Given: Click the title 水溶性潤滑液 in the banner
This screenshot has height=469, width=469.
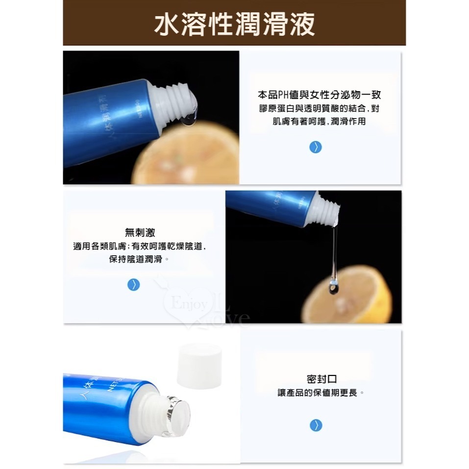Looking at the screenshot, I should [x=234, y=23].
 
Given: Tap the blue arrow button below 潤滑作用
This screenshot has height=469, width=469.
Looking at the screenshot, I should [x=316, y=147].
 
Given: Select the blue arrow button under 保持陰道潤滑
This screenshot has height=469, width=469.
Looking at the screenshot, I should [x=133, y=285].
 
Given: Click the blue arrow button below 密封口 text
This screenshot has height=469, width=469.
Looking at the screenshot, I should [x=316, y=425].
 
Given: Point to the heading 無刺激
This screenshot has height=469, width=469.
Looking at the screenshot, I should [x=140, y=233].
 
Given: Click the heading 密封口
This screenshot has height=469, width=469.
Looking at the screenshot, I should [x=321, y=379].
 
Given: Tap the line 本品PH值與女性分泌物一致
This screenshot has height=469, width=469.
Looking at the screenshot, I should [x=319, y=95].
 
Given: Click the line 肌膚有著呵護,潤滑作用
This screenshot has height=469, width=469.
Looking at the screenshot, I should [x=319, y=121].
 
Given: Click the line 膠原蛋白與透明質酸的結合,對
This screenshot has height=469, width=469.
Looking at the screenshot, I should [x=319, y=108].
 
